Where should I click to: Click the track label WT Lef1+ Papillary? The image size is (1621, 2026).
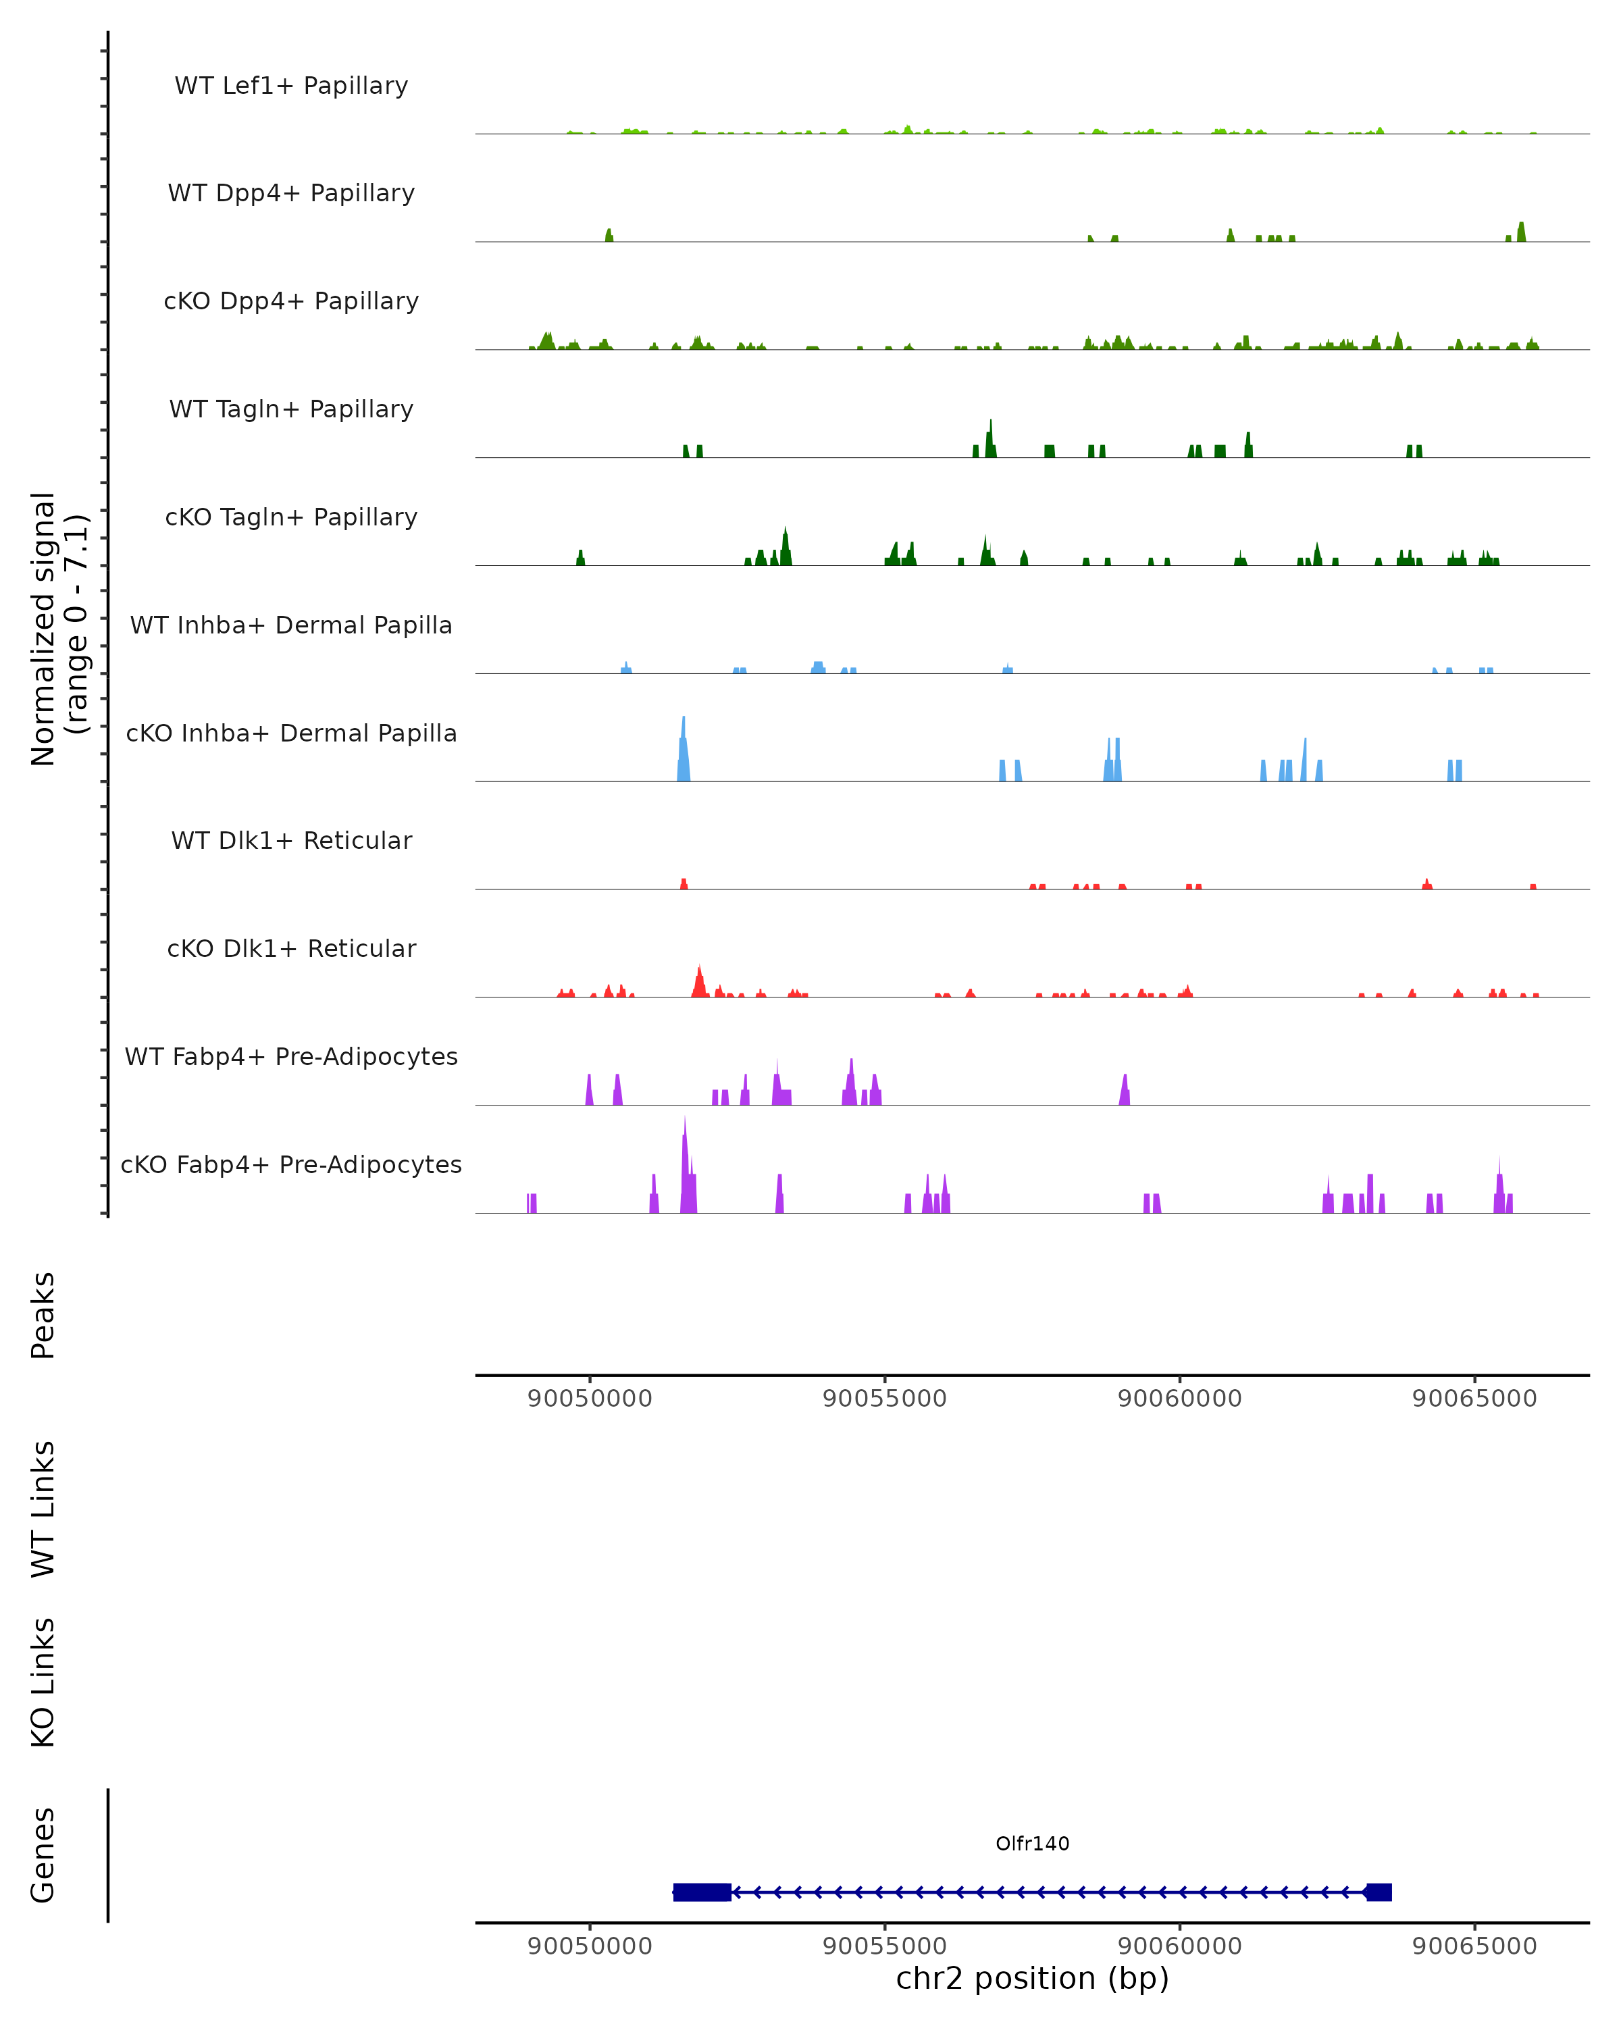click(x=291, y=86)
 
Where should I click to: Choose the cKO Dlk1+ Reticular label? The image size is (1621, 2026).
click(x=291, y=948)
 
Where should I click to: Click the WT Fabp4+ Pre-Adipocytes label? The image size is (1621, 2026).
click(x=291, y=1056)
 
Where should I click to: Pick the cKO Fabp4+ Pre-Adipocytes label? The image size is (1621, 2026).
click(x=291, y=1164)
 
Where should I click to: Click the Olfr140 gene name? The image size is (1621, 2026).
click(x=1032, y=1844)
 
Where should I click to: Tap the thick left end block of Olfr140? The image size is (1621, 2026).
click(x=702, y=1892)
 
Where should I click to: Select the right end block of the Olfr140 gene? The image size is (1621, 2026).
click(x=1379, y=1892)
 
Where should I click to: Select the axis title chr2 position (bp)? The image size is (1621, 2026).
click(x=1032, y=1978)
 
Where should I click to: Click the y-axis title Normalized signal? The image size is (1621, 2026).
click(x=44, y=629)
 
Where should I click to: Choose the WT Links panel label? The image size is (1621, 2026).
click(x=43, y=1509)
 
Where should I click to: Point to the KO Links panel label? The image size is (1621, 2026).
click(x=43, y=1683)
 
